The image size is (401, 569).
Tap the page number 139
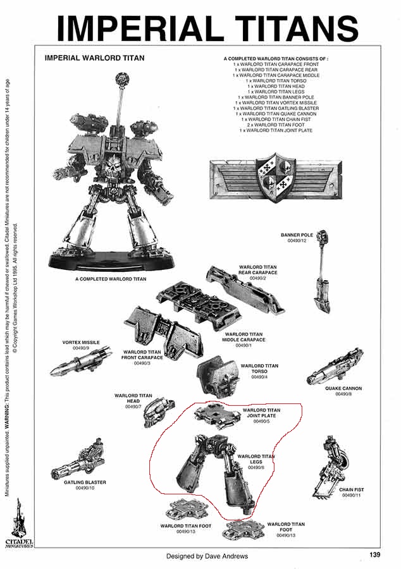pyautogui.click(x=375, y=554)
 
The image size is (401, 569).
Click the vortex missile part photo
pyautogui.click(x=80, y=362)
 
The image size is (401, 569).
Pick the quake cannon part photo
pyautogui.click(x=335, y=367)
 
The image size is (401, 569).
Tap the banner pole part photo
pyautogui.click(x=323, y=273)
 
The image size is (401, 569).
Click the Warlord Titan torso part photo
pyautogui.click(x=218, y=377)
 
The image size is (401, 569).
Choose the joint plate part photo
pyautogui.click(x=218, y=414)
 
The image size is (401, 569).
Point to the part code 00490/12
pyautogui.click(x=297, y=241)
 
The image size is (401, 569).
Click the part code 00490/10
pyautogui.click(x=85, y=488)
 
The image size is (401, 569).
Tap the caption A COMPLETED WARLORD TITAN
pyautogui.click(x=111, y=279)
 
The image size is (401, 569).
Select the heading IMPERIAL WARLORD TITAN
pyautogui.click(x=94, y=58)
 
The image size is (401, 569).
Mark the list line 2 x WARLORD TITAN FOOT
pyautogui.click(x=276, y=125)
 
